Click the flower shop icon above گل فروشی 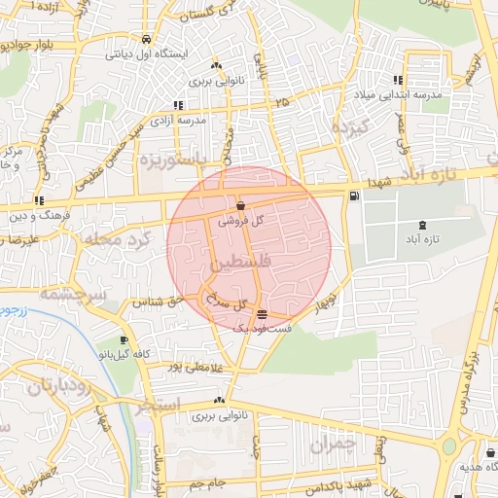point(240,205)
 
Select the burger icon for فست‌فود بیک point(263,314)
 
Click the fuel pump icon point(351,196)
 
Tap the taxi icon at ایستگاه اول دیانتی point(146,40)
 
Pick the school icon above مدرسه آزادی point(177,105)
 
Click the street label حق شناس point(161,302)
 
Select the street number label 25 point(282,101)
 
